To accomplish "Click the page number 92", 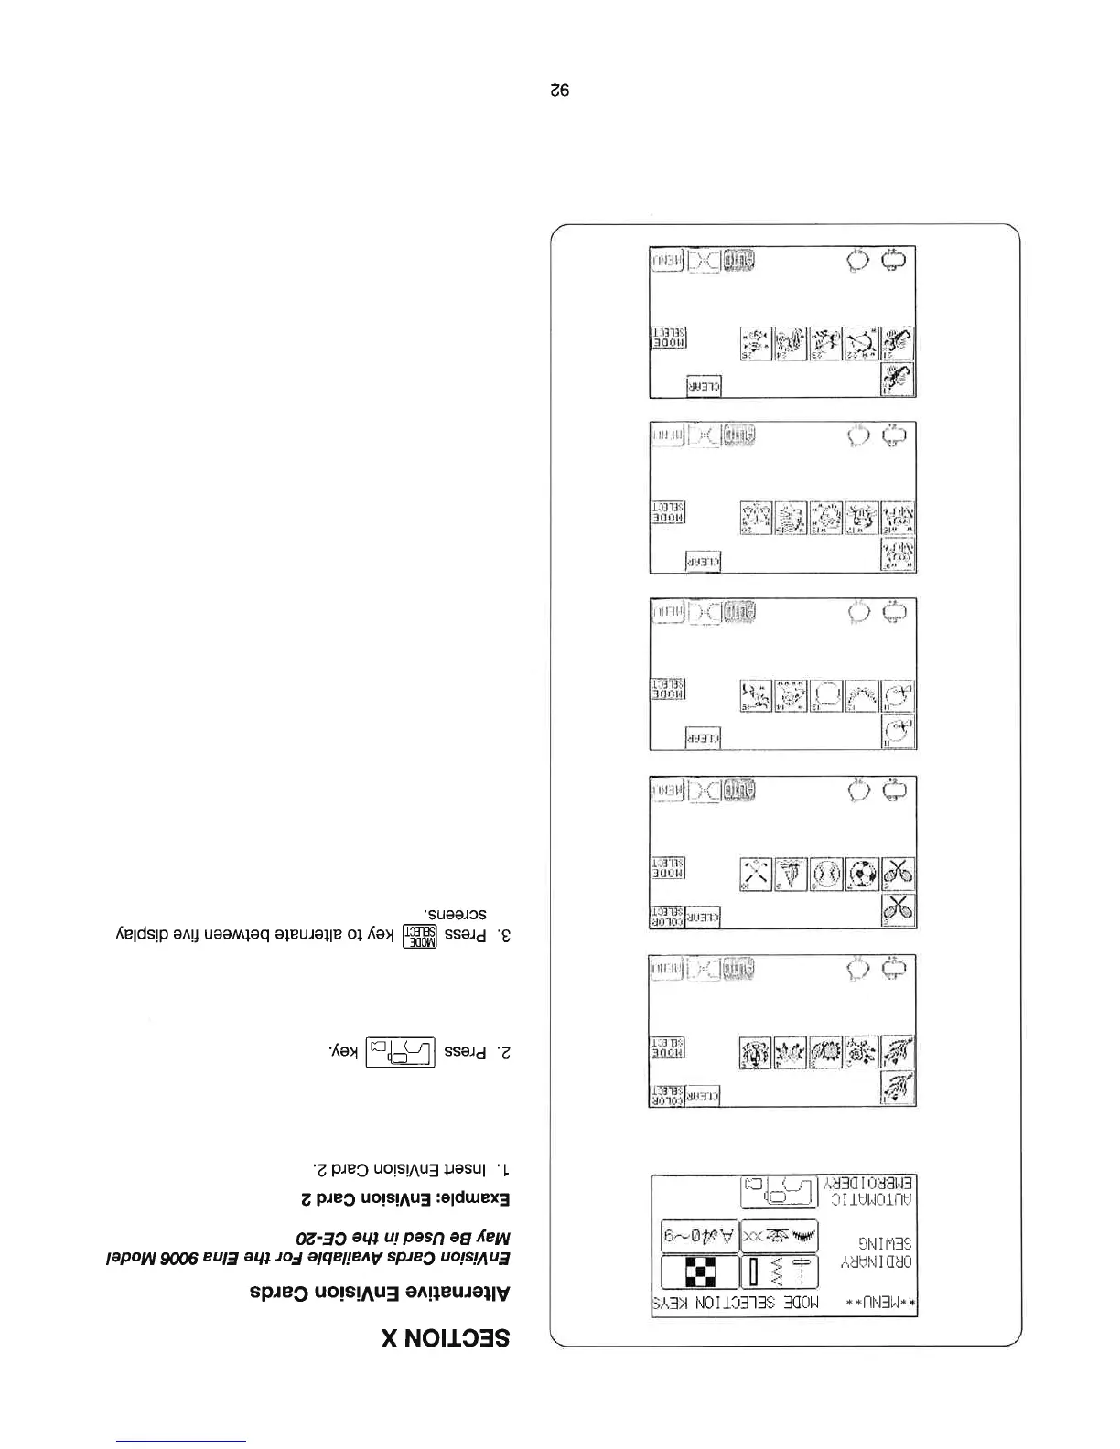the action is click(560, 91).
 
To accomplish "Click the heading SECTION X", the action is click(446, 1338).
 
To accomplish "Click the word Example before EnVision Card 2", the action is click(471, 1198).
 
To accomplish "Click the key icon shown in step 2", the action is click(399, 1053).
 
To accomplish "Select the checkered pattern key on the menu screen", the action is click(700, 1272).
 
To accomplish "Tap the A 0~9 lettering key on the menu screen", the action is click(700, 1235).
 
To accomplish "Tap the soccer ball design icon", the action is click(861, 874).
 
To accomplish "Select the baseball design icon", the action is click(826, 874).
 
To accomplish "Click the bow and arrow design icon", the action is click(861, 343).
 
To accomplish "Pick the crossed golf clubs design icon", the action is click(756, 874).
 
